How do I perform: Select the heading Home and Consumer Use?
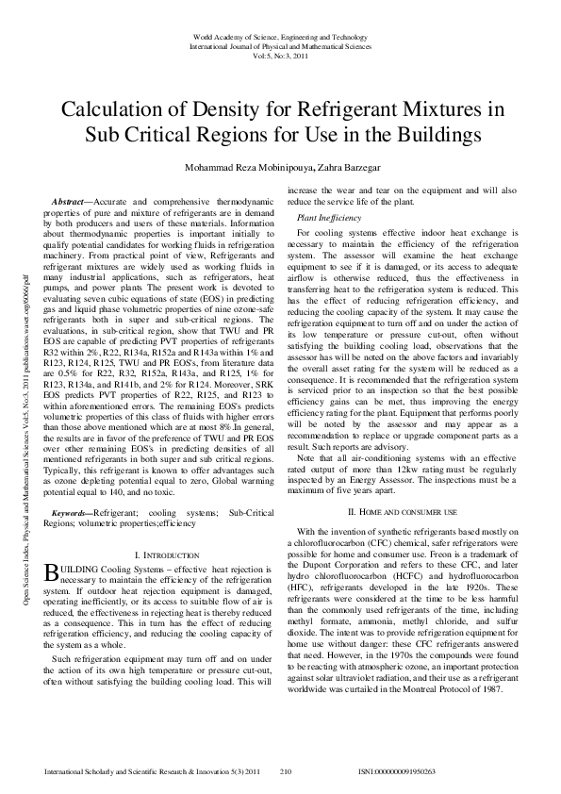tap(403, 511)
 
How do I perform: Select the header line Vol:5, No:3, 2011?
tap(281, 56)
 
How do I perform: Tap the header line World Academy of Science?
tap(281, 34)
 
